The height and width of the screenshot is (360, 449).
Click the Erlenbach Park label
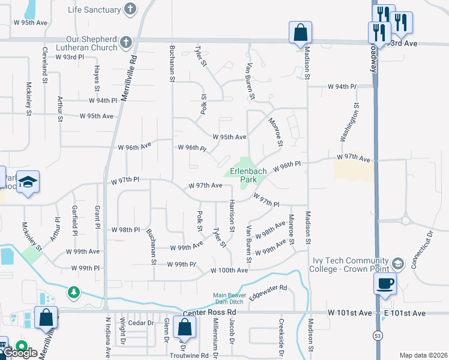pyautogui.click(x=245, y=175)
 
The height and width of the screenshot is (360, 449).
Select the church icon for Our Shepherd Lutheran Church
pyautogui.click(x=125, y=41)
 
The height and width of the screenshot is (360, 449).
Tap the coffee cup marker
pyautogui.click(x=385, y=283)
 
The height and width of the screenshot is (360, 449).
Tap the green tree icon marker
pyautogui.click(x=74, y=292)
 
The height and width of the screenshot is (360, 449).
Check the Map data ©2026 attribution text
pyautogui.click(x=423, y=355)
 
